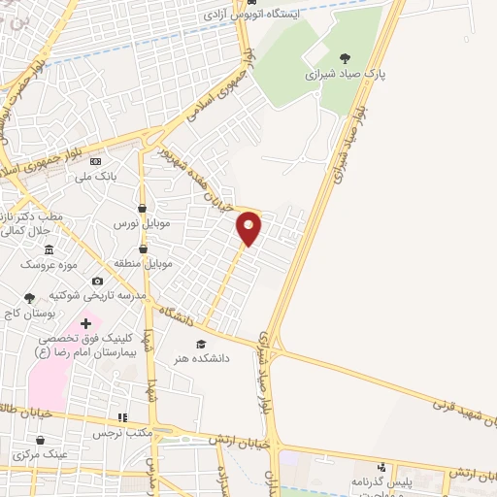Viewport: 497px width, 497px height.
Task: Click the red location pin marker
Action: pyautogui.click(x=249, y=228)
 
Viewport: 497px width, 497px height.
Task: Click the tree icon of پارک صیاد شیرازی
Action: pyautogui.click(x=345, y=58)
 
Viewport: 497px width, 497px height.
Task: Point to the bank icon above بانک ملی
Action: pyautogui.click(x=95, y=161)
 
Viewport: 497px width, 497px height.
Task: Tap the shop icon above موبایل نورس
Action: pyautogui.click(x=143, y=208)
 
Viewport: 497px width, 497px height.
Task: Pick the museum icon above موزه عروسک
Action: pyautogui.click(x=50, y=249)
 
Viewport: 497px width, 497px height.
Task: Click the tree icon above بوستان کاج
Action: pyautogui.click(x=29, y=298)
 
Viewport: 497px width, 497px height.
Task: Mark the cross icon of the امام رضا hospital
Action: pyautogui.click(x=85, y=323)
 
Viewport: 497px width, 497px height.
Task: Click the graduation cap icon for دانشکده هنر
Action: pyautogui.click(x=202, y=344)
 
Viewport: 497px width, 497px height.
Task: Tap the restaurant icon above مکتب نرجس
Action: pyautogui.click(x=122, y=418)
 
